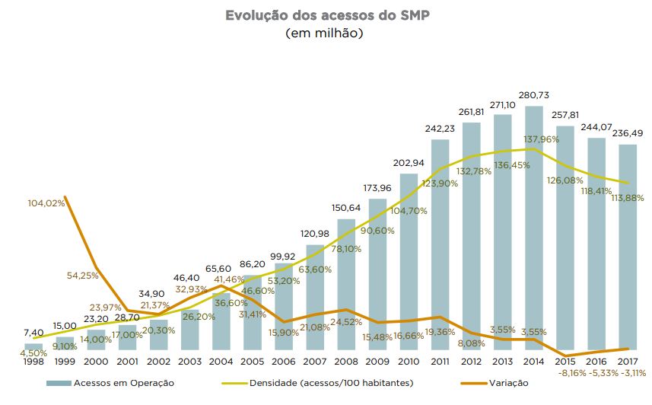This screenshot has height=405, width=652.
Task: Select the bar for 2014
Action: [534, 228]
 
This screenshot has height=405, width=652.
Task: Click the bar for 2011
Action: [440, 244]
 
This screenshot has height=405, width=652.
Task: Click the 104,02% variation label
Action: [46, 203]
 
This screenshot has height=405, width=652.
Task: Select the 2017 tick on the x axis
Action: [628, 362]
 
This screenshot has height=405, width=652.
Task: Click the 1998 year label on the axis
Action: [33, 362]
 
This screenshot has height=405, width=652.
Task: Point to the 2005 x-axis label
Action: [252, 362]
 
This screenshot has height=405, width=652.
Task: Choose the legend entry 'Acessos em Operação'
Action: [110, 383]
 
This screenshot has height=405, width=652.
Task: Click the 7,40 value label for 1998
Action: [33, 333]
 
